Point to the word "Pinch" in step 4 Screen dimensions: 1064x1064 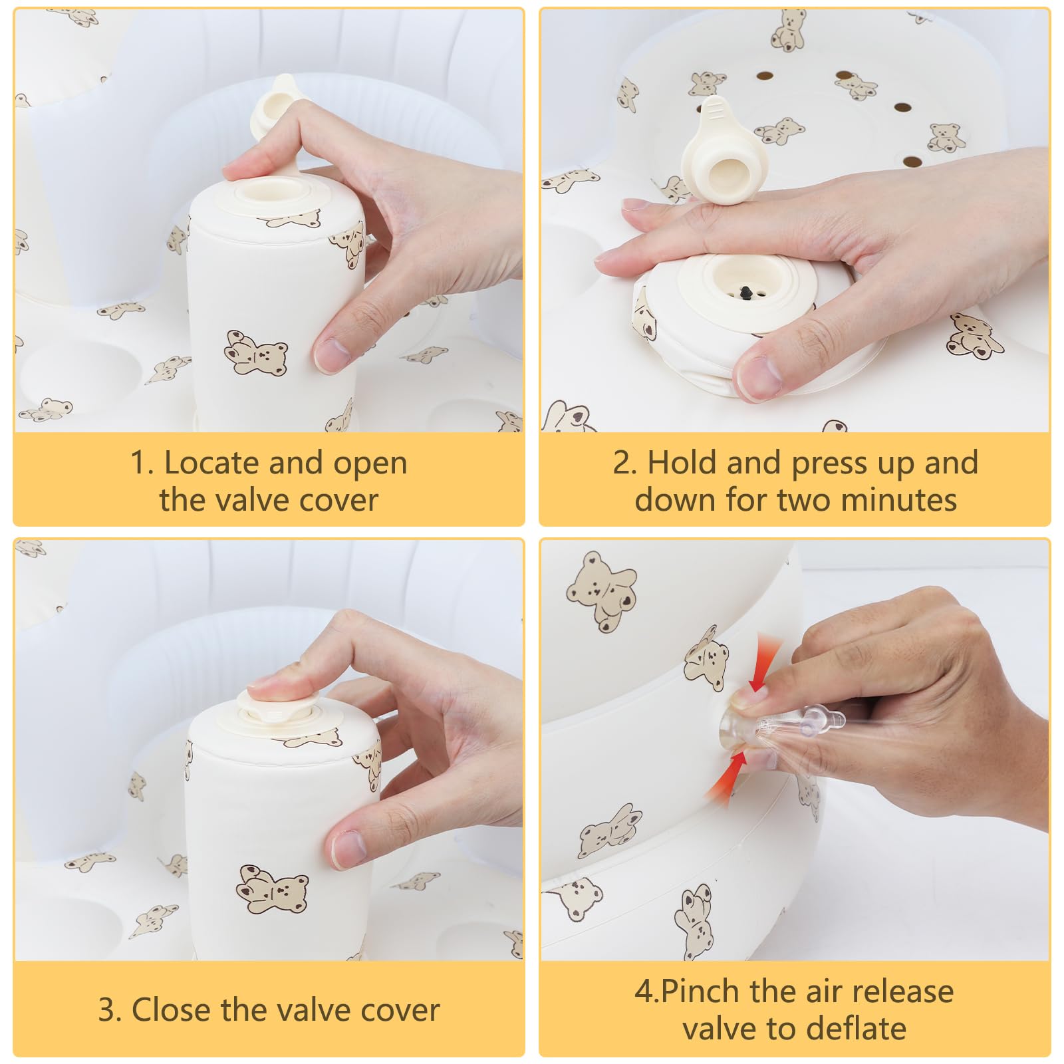tap(700, 991)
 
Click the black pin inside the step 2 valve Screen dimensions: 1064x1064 tap(746, 291)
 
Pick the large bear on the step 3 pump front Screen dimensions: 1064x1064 tap(272, 889)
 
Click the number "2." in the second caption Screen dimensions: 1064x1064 tap(625, 462)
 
